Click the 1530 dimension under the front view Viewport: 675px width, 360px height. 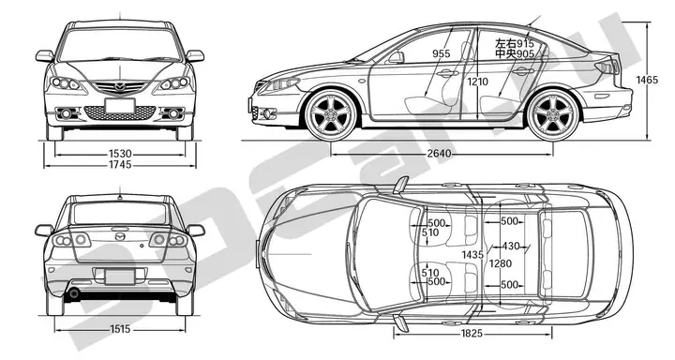[119, 153]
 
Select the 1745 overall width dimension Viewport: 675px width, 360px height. [119, 165]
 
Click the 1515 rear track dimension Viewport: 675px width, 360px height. [119, 329]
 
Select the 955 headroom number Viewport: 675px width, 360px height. [442, 54]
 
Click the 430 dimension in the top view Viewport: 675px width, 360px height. [510, 246]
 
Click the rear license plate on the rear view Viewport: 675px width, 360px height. [119, 277]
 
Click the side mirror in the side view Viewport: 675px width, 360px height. [396, 57]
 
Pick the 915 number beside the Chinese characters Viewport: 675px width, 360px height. [525, 44]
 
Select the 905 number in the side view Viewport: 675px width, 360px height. [525, 55]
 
